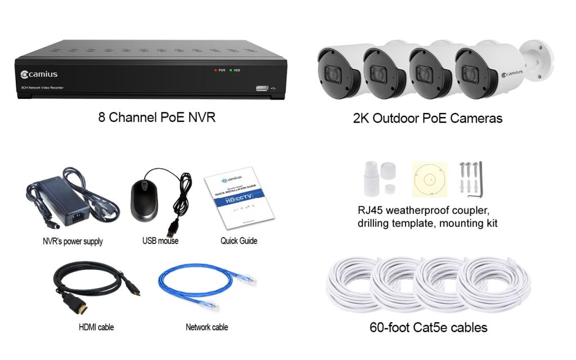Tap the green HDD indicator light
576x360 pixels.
231,70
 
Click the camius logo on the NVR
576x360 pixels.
39,74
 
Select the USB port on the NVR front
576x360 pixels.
263,88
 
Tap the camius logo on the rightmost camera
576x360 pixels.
512,73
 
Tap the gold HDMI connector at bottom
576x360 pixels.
79,306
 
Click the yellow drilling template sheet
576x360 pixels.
429,179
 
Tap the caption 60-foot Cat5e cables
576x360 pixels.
428,327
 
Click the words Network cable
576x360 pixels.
206,327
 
